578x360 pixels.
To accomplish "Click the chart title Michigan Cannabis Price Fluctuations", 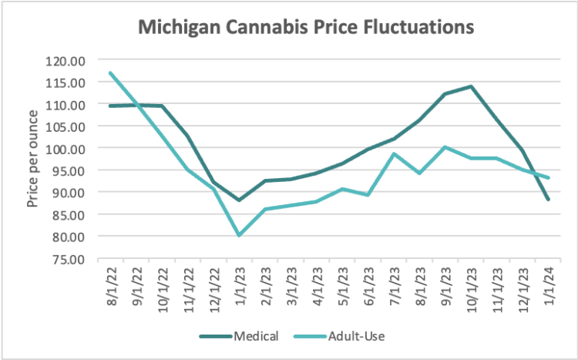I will (x=304, y=29).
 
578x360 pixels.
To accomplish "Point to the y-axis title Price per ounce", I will (x=32, y=158).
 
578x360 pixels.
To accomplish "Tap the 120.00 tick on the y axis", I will (x=68, y=60).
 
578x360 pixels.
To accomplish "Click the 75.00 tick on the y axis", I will (x=68, y=258).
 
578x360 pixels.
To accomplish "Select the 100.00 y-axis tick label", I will (x=68, y=148).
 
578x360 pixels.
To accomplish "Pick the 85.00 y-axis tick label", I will (x=68, y=214).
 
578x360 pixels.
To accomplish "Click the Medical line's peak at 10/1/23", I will (x=470, y=86).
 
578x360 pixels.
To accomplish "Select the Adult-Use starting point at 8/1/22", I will (x=111, y=73).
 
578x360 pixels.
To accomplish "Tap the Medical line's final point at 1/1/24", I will (x=547, y=200).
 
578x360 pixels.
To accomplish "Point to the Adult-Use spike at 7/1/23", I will (x=393, y=153).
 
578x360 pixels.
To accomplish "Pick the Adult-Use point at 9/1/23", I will (x=445, y=146).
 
